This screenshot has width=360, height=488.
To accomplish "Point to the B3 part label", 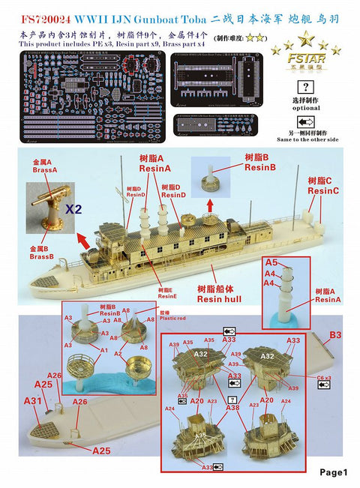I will point(335,334).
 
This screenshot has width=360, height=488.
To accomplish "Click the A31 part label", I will point(32,401).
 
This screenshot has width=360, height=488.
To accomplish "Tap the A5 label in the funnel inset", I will point(271,262).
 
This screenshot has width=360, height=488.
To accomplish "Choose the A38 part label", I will point(234,409).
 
